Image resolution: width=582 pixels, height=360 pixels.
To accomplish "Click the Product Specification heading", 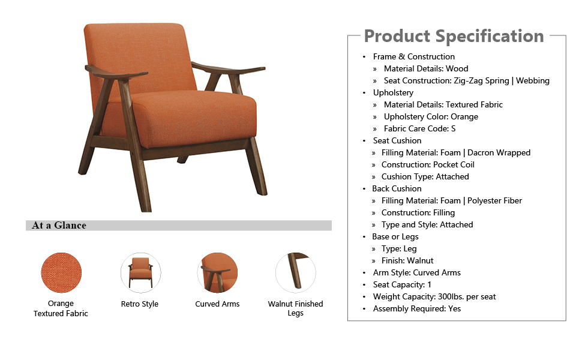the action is (454, 37).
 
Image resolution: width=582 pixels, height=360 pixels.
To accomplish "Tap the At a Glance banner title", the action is (59, 225).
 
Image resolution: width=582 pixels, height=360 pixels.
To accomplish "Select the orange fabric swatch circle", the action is (61, 273).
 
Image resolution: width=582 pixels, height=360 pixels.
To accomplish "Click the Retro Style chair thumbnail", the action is (140, 273).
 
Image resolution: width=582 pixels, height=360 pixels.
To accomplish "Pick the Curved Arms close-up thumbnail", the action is (218, 273).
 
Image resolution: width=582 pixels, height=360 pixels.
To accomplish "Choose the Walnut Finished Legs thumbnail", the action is (295, 273).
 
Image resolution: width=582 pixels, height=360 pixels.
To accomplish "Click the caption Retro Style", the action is (140, 304).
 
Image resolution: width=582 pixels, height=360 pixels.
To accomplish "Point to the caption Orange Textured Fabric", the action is (61, 308).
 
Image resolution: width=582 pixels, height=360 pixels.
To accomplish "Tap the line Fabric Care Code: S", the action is (419, 129).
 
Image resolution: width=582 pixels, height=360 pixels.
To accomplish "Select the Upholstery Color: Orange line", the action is (431, 117).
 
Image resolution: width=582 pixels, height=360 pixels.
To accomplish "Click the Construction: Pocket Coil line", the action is (428, 165).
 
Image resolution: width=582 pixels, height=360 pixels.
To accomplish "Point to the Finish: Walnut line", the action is (407, 260).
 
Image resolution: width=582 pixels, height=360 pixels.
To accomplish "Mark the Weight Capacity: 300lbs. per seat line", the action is (434, 296).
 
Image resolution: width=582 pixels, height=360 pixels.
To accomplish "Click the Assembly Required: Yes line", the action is (417, 309).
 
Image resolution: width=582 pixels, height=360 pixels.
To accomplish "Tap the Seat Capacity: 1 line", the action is (402, 284).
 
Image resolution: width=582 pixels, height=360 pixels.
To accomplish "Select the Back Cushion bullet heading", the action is (397, 188).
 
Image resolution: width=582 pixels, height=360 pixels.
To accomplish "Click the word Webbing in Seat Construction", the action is (533, 80).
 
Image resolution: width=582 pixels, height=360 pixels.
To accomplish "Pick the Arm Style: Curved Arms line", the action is (417, 273).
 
